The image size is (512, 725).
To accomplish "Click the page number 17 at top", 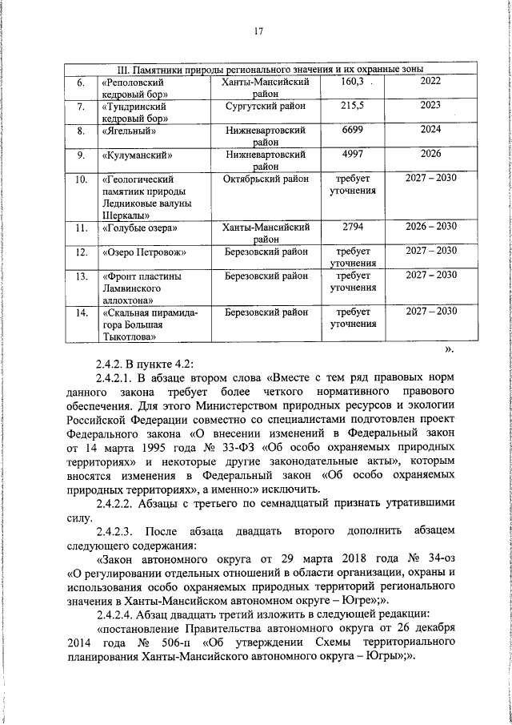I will click(258, 31).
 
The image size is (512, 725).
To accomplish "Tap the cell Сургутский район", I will click(264, 105).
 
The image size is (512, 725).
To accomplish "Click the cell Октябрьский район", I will click(266, 178).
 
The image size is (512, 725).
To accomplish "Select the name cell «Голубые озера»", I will click(139, 229).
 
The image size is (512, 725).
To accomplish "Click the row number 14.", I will click(80, 312).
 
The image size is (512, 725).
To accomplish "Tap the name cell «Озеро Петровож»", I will click(144, 252).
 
